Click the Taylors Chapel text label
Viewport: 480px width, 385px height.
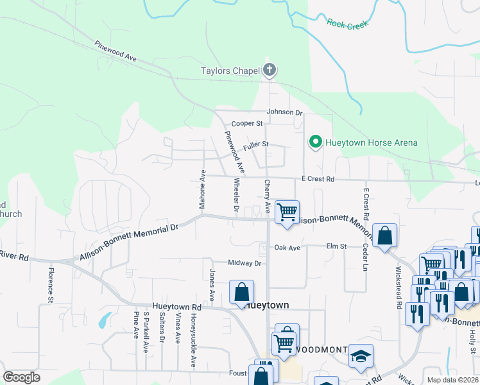pyautogui.click(x=229, y=71)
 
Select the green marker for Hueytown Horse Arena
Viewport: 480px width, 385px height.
pyautogui.click(x=315, y=142)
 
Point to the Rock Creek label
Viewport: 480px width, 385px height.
pyautogui.click(x=348, y=24)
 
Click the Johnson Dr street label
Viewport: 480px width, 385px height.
pyautogui.click(x=284, y=112)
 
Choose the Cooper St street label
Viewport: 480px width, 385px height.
pyautogui.click(x=247, y=123)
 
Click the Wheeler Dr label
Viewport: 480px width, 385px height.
pyautogui.click(x=236, y=196)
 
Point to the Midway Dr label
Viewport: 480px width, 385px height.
pyautogui.click(x=245, y=263)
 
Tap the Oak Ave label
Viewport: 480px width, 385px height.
pyautogui.click(x=287, y=247)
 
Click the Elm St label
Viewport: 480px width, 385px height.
pyautogui.click(x=336, y=246)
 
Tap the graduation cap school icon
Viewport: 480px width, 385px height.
pyautogui.click(x=361, y=356)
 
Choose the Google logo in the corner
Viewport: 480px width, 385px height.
pyautogui.click(x=21, y=377)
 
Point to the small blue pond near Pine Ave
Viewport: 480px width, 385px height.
pyautogui.click(x=103, y=319)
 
